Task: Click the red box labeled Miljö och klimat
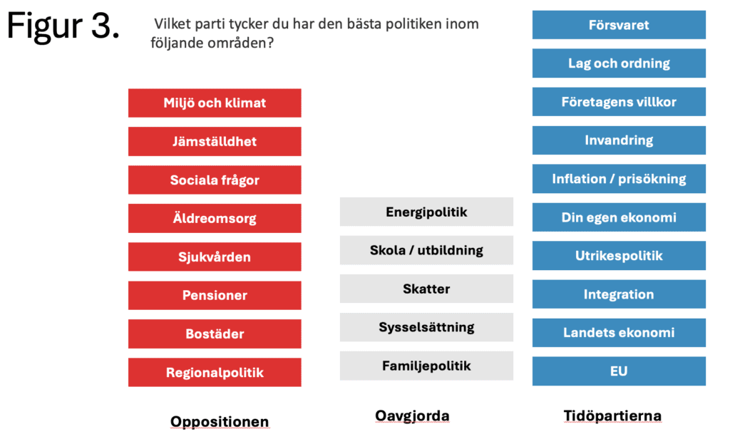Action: point(215,103)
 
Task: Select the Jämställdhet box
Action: point(215,142)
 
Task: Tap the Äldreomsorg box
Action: point(215,218)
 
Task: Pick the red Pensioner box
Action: point(215,295)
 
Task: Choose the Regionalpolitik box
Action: point(215,373)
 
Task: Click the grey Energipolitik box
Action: point(426,212)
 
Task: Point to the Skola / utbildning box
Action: point(426,250)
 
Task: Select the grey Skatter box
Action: point(426,289)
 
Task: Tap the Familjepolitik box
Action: point(426,366)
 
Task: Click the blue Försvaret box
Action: point(619,25)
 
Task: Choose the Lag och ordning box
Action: point(619,63)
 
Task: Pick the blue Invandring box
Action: point(619,140)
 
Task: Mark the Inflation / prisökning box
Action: point(619,179)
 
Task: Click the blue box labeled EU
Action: point(619,371)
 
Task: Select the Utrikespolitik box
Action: point(619,256)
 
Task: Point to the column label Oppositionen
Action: point(220,422)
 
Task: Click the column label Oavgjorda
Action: point(413,415)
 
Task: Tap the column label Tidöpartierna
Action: point(612,415)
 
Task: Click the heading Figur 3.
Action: point(63,26)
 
